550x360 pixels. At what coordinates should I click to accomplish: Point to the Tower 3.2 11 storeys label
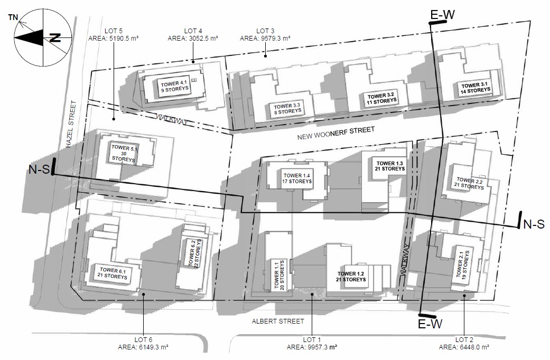pos(381,98)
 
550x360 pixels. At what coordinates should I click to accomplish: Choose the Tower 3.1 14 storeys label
pos(476,88)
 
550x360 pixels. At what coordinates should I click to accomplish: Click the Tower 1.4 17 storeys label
pos(297,178)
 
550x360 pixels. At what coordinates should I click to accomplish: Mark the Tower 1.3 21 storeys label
pos(389,165)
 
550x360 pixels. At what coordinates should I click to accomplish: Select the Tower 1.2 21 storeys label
pos(352,276)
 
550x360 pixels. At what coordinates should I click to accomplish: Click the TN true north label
pos(13,17)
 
